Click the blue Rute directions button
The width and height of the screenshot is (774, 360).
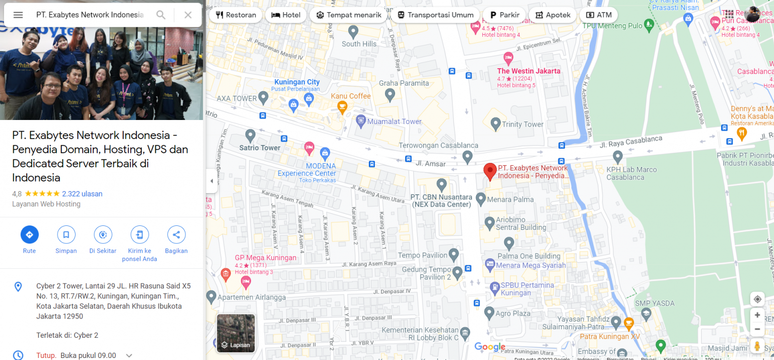tap(29, 234)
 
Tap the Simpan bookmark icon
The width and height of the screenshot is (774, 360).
tap(66, 234)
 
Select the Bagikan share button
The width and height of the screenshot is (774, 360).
tap(176, 234)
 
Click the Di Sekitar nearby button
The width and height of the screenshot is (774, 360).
tap(103, 234)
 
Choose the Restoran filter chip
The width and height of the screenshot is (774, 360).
tap(236, 15)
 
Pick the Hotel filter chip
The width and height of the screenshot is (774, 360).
tap(286, 15)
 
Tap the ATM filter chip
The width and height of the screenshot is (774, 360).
tap(599, 15)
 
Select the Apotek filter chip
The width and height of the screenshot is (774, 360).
tap(552, 15)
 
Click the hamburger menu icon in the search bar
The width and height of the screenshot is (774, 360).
tap(18, 15)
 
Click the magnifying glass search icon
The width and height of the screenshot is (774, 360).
tap(161, 15)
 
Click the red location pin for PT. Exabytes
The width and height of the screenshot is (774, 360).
tap(490, 171)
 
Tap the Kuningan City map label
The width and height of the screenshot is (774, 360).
tap(297, 82)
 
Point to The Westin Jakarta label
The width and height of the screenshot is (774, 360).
tap(529, 71)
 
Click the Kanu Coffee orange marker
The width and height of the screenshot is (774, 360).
tap(342, 106)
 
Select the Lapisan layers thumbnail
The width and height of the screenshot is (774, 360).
tap(236, 333)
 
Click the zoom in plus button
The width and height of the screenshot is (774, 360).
tap(757, 315)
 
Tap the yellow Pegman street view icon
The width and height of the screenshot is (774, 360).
tap(757, 346)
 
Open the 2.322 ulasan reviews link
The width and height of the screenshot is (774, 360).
tap(82, 194)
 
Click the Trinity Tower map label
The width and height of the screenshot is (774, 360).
tap(523, 125)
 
